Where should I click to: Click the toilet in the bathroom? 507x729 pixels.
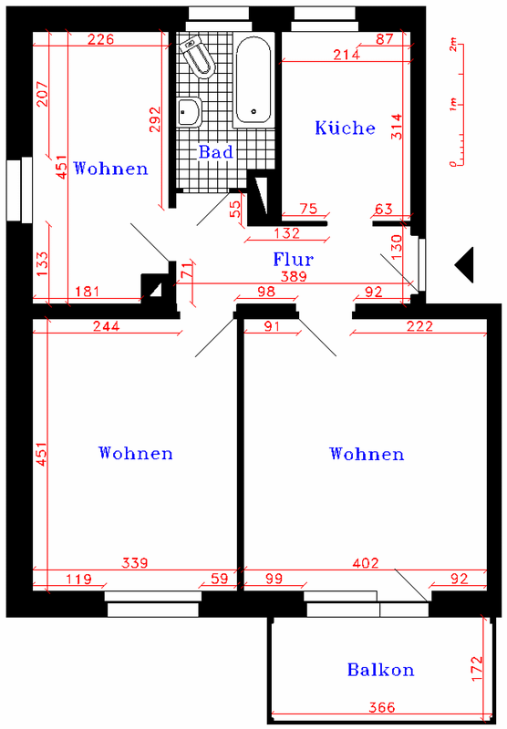coord(198,56)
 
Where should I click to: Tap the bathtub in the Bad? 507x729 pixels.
coord(253,80)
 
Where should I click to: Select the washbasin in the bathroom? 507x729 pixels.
coord(189,112)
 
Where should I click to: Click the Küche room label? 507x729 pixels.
coord(345,128)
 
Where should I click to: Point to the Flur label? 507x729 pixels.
coord(294,259)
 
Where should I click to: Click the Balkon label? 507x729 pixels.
coord(380,670)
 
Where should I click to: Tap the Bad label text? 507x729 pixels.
coord(216,151)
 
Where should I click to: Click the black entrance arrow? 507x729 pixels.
coord(464,264)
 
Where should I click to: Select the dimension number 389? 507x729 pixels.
coord(294,276)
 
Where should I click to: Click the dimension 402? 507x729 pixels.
coord(366,563)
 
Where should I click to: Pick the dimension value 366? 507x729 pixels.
coord(382,707)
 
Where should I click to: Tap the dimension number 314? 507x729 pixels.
coord(397,127)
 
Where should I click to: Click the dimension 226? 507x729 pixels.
coord(101,39)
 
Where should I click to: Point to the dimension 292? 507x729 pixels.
coord(155,119)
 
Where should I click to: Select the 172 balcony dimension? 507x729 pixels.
coord(477,669)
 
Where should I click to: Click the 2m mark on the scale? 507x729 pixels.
coord(453,45)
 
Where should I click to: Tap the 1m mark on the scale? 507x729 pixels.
coord(453,104)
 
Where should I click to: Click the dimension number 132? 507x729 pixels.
coord(287,233)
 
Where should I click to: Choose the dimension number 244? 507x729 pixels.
coord(107,326)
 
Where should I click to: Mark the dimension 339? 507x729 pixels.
coord(135,563)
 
